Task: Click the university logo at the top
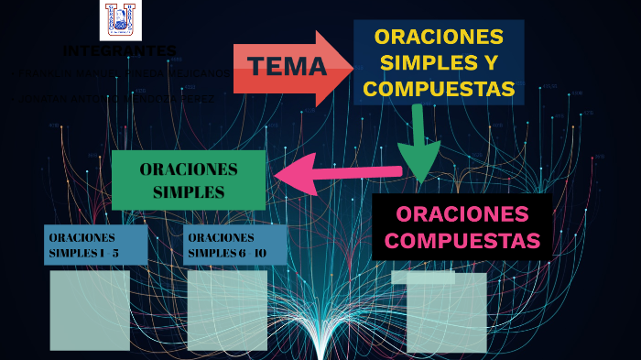click(119, 19)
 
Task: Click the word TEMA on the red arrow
click(287, 66)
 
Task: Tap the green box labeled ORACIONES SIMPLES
click(189, 180)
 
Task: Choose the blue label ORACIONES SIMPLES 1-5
click(95, 245)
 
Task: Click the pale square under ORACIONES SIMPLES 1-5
click(90, 310)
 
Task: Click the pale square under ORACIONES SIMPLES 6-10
click(227, 310)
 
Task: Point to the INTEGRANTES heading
click(120, 49)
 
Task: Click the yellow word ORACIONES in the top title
click(439, 38)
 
